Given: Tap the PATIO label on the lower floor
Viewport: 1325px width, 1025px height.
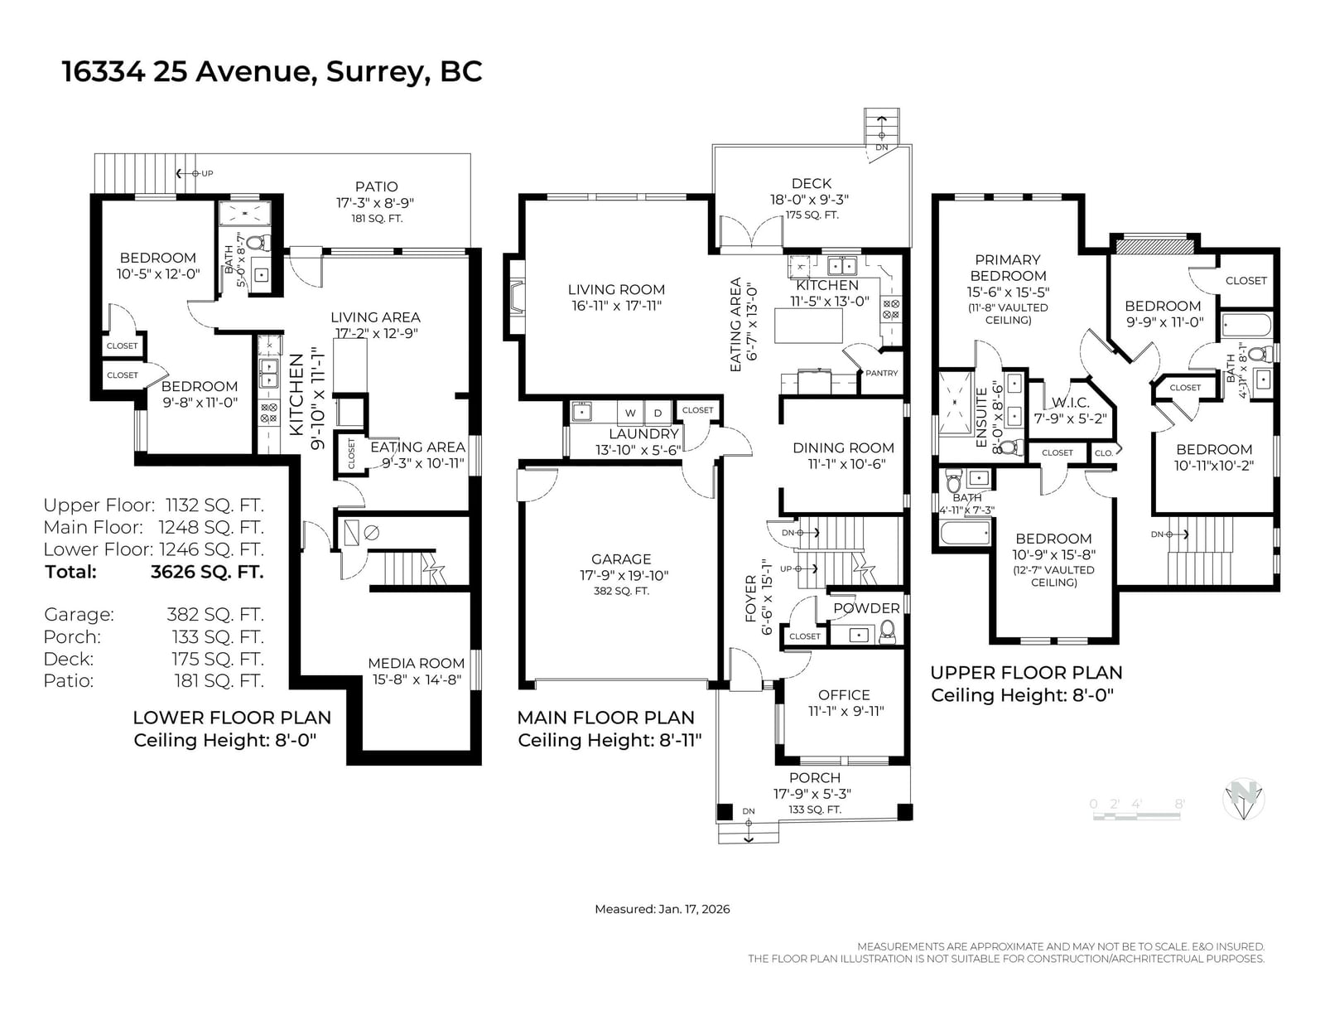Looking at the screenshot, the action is click(376, 186).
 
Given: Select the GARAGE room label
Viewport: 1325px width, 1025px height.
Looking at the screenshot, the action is click(621, 558).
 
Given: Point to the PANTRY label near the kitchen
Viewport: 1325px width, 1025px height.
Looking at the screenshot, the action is click(881, 373).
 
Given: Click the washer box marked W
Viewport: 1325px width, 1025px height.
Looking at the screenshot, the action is click(630, 413).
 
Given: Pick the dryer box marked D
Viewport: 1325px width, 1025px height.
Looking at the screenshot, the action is click(658, 413).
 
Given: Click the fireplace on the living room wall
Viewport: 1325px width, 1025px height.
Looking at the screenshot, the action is click(513, 297).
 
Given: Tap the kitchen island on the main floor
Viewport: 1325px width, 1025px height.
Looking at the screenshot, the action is click(808, 326).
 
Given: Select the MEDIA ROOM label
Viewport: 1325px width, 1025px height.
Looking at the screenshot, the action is click(416, 663).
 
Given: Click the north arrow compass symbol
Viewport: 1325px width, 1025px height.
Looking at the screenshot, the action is click(1243, 799).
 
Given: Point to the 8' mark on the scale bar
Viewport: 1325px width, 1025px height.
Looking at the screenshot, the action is click(1180, 804).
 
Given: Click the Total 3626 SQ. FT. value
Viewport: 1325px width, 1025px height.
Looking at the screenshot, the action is click(207, 572).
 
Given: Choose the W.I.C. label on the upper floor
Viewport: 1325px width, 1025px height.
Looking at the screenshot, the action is click(1070, 403).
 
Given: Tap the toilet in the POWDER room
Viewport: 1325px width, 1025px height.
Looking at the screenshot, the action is click(888, 631).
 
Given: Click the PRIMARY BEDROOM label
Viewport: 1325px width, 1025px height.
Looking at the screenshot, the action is click(1008, 268).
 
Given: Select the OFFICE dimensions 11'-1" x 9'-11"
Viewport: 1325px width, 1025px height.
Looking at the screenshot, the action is click(845, 711).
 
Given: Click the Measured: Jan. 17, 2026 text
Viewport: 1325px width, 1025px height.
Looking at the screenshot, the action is click(662, 909).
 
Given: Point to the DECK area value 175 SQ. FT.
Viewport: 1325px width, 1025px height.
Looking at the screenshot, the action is click(812, 215).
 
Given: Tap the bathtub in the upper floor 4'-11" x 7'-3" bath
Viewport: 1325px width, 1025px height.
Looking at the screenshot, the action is click(966, 532).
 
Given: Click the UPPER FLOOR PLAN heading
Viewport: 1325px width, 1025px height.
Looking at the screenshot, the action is click(1026, 673).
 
